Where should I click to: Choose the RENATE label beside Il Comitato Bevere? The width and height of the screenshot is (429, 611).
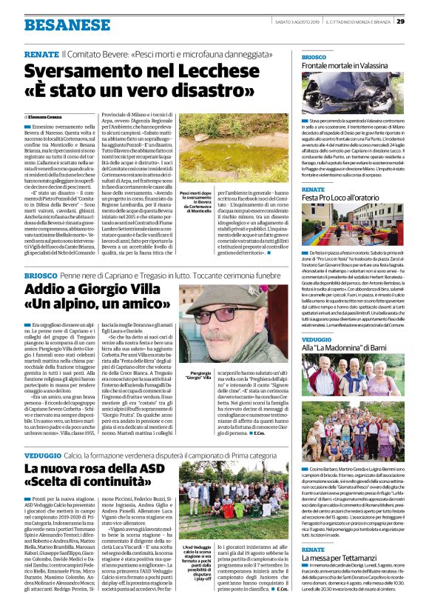point(41,56)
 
